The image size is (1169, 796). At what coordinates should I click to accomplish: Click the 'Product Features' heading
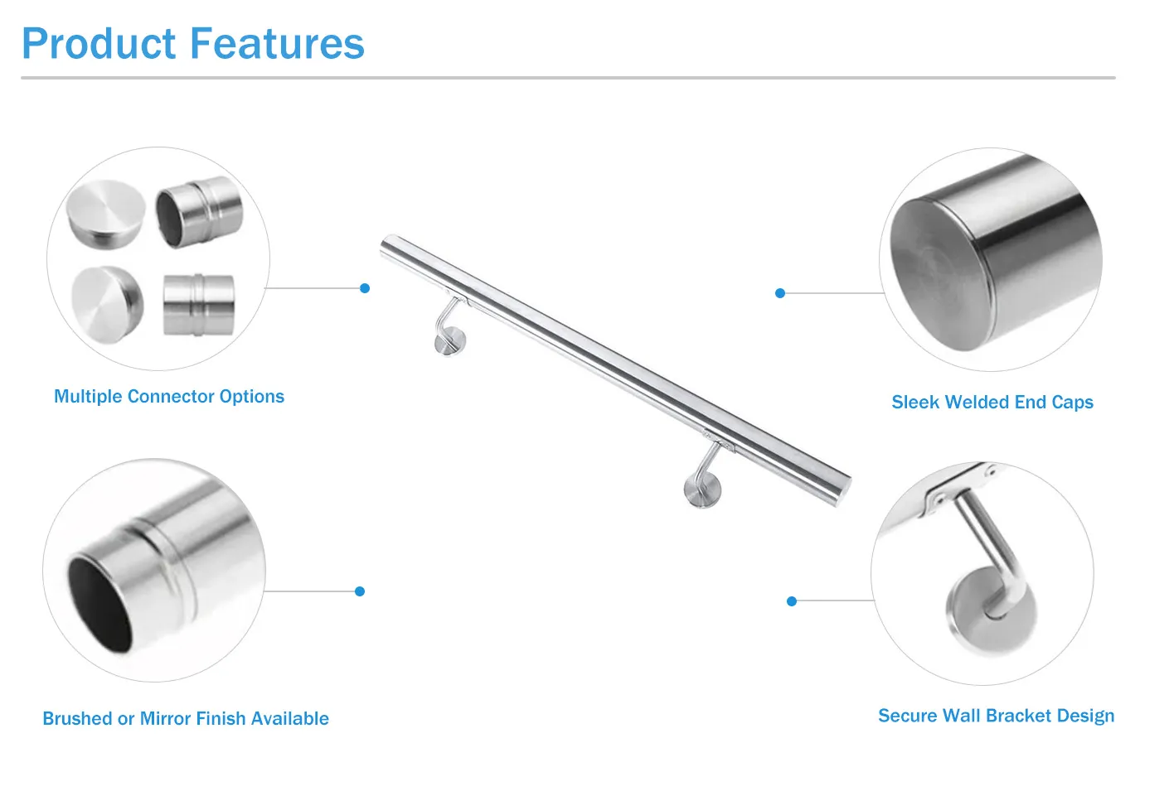tap(192, 44)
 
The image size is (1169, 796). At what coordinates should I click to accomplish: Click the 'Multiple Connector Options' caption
tap(169, 397)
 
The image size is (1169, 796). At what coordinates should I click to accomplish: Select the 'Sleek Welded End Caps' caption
tap(992, 403)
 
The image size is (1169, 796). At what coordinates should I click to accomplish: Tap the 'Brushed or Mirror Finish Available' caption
tap(186, 719)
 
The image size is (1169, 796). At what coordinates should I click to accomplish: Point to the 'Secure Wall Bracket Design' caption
tap(996, 716)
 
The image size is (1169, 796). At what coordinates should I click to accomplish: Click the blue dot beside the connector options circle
tap(365, 288)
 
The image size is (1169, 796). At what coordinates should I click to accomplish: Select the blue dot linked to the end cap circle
tap(779, 293)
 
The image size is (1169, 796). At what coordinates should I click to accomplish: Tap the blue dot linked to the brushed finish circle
tap(360, 591)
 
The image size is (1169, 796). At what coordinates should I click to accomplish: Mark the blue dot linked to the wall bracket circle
tap(792, 601)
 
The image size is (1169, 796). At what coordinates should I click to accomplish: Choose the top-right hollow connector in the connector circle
tap(199, 212)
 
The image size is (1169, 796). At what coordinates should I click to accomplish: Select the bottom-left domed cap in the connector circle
tap(107, 298)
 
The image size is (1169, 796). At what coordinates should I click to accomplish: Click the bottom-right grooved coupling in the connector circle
tap(198, 305)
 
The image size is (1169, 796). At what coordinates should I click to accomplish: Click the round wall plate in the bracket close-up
tap(992, 613)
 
